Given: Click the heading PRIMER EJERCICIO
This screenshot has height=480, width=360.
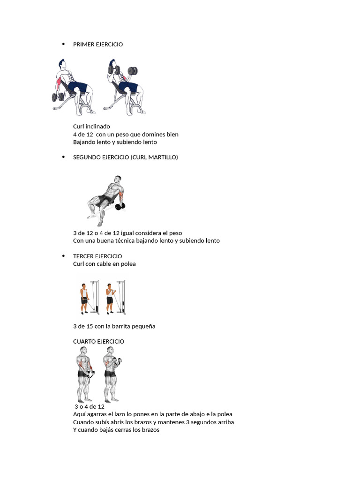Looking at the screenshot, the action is coord(98,45).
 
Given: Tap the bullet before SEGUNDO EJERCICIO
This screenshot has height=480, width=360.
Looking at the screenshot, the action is coord(63,157).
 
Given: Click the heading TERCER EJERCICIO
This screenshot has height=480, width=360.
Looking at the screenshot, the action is coord(97,256).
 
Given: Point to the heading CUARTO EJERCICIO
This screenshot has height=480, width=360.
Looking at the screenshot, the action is coord(98,342).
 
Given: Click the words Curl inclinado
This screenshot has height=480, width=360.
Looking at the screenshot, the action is coord(91,127).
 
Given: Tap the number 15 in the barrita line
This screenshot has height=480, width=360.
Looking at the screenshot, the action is coord(90,326).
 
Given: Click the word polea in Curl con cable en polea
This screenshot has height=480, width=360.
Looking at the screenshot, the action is coord(128,264).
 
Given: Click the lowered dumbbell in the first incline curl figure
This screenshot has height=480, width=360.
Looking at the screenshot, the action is coord(58,97).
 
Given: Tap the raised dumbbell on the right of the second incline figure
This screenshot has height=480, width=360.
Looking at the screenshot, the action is coord(133,71).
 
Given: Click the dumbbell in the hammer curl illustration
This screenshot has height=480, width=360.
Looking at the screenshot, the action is coord(120,207).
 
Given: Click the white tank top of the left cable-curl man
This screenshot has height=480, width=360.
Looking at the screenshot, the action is coord(84,292).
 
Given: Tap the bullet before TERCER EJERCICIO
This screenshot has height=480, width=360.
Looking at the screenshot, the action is coord(63,256).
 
